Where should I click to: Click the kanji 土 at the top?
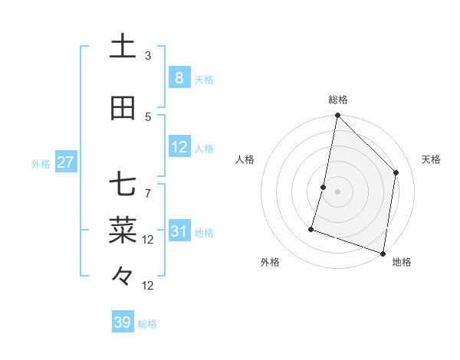123,47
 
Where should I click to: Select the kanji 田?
123,109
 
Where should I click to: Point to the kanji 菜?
123,228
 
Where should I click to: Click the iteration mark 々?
123,274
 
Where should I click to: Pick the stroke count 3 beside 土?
148,56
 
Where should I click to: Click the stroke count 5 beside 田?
148,116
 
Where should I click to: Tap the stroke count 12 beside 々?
148,286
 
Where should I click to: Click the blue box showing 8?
179,77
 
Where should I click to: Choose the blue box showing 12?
179,147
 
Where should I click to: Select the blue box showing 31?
179,231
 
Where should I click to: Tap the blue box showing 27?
65,162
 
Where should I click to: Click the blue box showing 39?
122,322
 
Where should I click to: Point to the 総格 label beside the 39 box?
147,324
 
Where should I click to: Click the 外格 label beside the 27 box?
41,164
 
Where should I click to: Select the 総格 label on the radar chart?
337,100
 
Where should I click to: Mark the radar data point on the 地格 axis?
383,253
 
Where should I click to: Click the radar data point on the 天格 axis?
396,172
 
